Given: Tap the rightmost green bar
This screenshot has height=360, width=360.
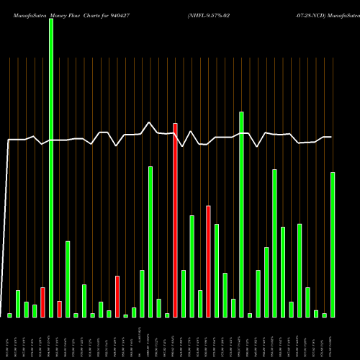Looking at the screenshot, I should coord(333,244).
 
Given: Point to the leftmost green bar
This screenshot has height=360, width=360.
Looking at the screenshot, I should coord(10,315).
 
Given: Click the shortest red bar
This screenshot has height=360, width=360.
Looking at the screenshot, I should coord(60,309).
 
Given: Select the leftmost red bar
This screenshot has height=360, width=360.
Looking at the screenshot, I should coord(43,302).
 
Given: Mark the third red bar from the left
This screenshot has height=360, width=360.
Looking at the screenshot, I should coord(117,296).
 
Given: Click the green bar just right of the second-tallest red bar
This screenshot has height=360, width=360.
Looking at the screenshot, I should coord(217,270).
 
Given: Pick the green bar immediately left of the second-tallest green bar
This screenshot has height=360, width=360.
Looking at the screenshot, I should coord(233,307).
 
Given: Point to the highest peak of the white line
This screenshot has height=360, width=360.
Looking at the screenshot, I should coord(150,122).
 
